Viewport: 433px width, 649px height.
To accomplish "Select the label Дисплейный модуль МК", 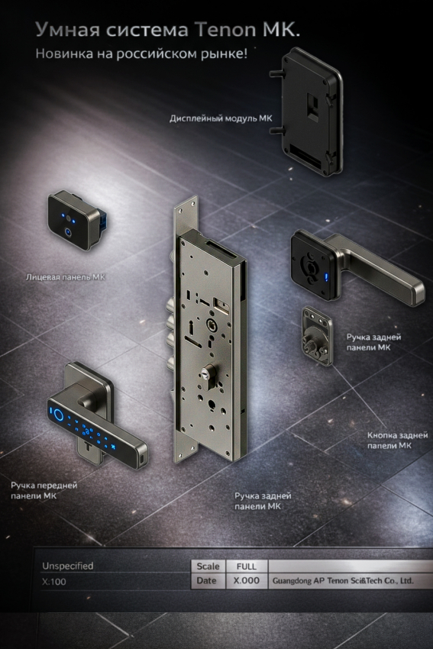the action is click(x=221, y=118).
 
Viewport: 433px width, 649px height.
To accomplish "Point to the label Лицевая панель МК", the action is click(x=66, y=277).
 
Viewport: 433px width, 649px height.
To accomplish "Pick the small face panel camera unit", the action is click(x=76, y=220).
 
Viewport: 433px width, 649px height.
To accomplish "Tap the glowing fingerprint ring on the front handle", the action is click(x=57, y=413).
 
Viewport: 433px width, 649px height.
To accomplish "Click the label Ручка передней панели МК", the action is click(x=44, y=490).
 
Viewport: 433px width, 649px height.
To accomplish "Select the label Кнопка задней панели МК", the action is click(x=397, y=441).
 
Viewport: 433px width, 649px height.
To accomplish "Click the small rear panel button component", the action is click(x=317, y=336).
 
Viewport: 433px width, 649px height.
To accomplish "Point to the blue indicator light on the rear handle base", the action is click(x=326, y=277).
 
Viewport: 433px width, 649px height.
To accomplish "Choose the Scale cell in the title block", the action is click(x=208, y=567).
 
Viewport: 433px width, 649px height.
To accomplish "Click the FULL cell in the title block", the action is click(x=247, y=567).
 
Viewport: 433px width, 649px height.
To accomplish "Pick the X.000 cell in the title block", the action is click(x=247, y=581).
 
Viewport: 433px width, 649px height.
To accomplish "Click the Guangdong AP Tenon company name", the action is click(x=343, y=581).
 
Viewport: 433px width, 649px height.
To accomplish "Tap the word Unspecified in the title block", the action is click(x=67, y=566).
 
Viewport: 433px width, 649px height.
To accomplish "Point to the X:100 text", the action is click(x=53, y=582).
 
